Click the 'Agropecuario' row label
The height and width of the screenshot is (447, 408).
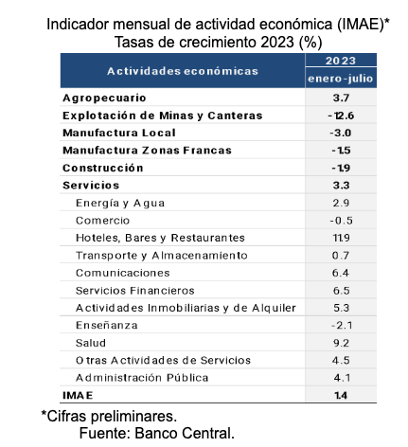point(104,98)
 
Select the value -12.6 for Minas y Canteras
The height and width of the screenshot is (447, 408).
point(341,116)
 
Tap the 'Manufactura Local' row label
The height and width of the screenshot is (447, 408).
point(119,133)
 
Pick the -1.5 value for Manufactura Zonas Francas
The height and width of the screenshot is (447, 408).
point(341,151)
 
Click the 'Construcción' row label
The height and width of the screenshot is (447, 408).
point(103,168)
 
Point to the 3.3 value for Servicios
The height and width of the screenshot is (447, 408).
point(341,186)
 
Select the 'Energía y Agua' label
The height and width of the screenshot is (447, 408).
point(120,204)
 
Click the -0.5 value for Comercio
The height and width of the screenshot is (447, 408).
point(341,221)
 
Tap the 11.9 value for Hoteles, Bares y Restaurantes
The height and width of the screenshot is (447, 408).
point(341,238)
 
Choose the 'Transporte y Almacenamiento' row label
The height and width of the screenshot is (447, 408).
point(162,256)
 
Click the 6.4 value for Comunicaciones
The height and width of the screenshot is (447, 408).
point(341,273)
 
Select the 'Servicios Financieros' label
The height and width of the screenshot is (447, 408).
point(135,291)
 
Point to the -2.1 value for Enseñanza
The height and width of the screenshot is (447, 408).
point(342,325)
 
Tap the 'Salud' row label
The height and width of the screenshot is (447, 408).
point(91,343)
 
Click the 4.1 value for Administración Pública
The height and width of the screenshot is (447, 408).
point(342,378)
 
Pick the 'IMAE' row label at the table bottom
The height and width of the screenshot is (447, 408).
point(78,395)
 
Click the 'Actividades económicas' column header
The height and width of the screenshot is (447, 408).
point(183,71)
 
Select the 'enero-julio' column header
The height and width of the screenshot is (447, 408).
point(341,79)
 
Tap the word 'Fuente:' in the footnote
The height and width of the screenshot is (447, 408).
point(105,433)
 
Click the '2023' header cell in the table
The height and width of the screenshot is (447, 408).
point(341,61)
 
